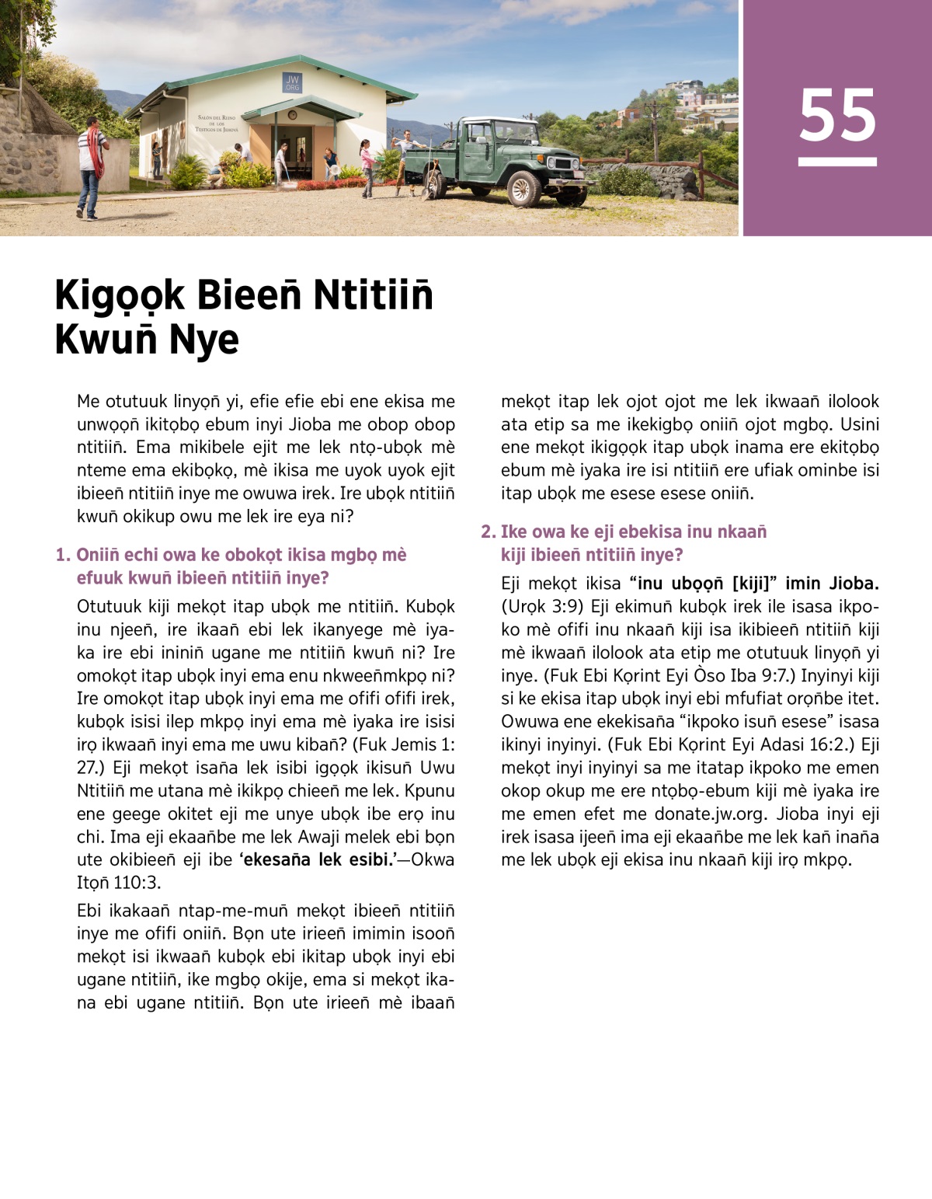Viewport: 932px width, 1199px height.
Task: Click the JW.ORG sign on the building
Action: click(x=292, y=82)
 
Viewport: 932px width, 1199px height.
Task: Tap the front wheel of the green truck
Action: click(x=523, y=188)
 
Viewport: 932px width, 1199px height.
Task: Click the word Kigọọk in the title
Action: click(x=120, y=295)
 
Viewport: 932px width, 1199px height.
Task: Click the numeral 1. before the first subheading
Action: click(x=63, y=555)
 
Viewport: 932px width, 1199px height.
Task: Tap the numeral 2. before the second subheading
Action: click(x=488, y=532)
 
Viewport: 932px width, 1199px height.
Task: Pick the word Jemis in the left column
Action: click(x=414, y=744)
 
